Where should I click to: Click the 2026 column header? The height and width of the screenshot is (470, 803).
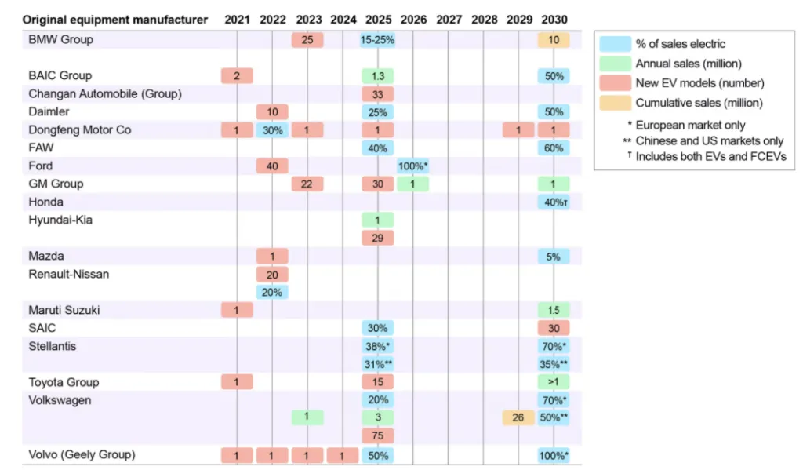(x=413, y=19)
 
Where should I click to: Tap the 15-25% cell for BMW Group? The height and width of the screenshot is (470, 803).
(x=377, y=39)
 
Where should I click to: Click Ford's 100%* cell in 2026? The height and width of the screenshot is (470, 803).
(x=413, y=166)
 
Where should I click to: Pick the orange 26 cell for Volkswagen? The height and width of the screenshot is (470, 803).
(x=518, y=417)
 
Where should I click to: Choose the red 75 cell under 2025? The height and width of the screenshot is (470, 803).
(x=377, y=435)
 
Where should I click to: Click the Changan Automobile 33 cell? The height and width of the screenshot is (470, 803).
(x=377, y=94)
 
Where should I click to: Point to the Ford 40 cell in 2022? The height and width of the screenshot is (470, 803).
(x=272, y=166)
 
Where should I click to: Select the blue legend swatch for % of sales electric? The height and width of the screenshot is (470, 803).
(x=615, y=44)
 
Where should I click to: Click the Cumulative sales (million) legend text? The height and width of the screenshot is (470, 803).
(x=689, y=103)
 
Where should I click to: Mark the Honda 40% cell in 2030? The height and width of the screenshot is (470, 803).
(x=554, y=202)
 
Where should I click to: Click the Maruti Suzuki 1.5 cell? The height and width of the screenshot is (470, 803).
(x=554, y=310)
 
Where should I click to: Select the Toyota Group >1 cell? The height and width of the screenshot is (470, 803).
(x=554, y=382)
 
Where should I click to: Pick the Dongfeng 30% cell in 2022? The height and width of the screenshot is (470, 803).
(x=272, y=130)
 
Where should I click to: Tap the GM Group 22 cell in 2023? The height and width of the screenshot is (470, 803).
(x=307, y=184)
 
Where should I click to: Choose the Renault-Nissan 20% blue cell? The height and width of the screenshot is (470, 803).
(x=272, y=292)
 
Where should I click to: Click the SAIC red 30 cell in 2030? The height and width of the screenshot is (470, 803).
(x=554, y=328)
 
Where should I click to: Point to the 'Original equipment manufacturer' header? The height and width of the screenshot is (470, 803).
(x=115, y=19)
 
